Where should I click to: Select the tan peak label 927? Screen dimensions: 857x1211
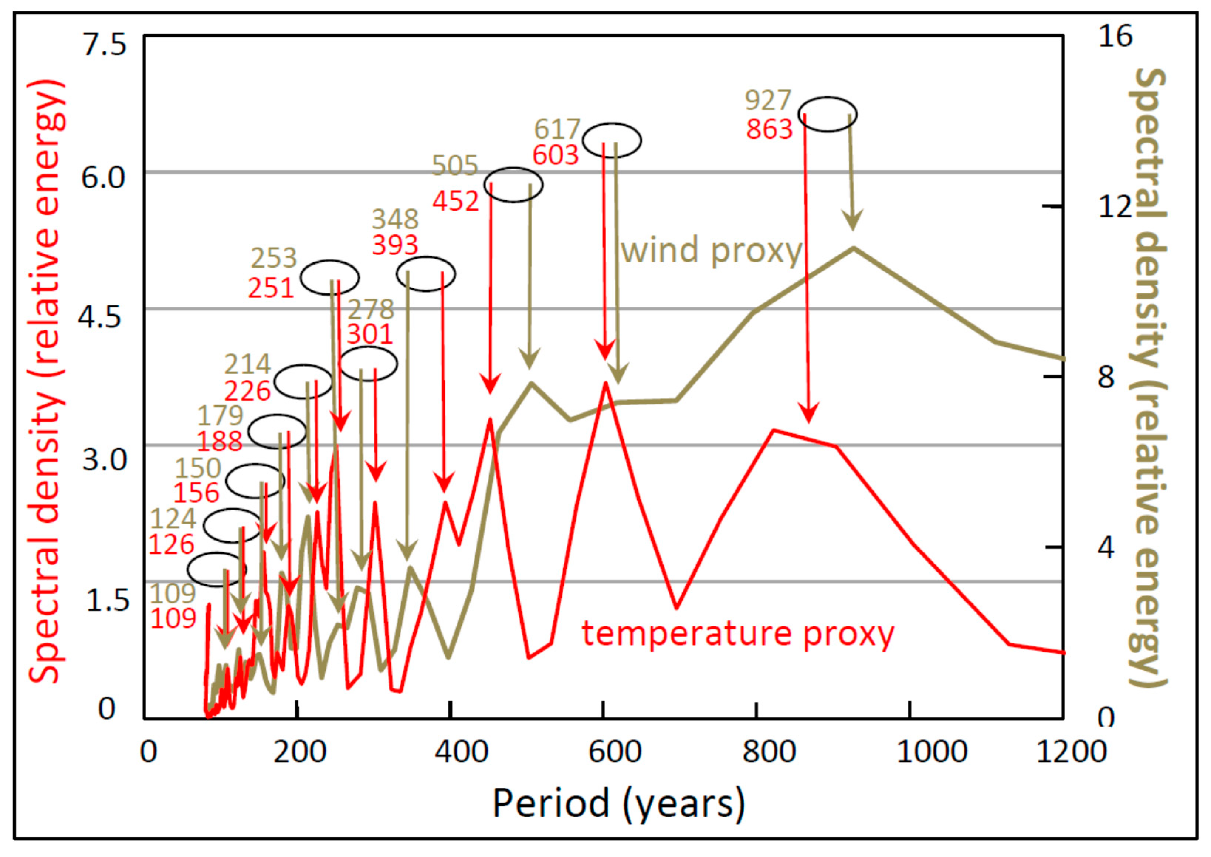pos(768,100)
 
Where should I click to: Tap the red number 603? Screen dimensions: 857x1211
pos(555,155)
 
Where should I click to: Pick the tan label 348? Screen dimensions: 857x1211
pos(395,219)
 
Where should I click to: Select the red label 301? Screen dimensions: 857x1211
pos(370,334)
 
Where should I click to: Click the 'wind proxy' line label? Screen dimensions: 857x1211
pos(712,250)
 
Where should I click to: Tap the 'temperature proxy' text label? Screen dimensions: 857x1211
pos(738,633)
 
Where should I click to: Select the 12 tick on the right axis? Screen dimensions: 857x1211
pos(1115,207)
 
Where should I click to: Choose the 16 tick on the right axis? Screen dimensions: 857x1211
pos(1115,37)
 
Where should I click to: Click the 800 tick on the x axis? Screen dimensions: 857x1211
pos(769,751)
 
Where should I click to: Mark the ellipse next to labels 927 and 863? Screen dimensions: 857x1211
pos(827,114)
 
